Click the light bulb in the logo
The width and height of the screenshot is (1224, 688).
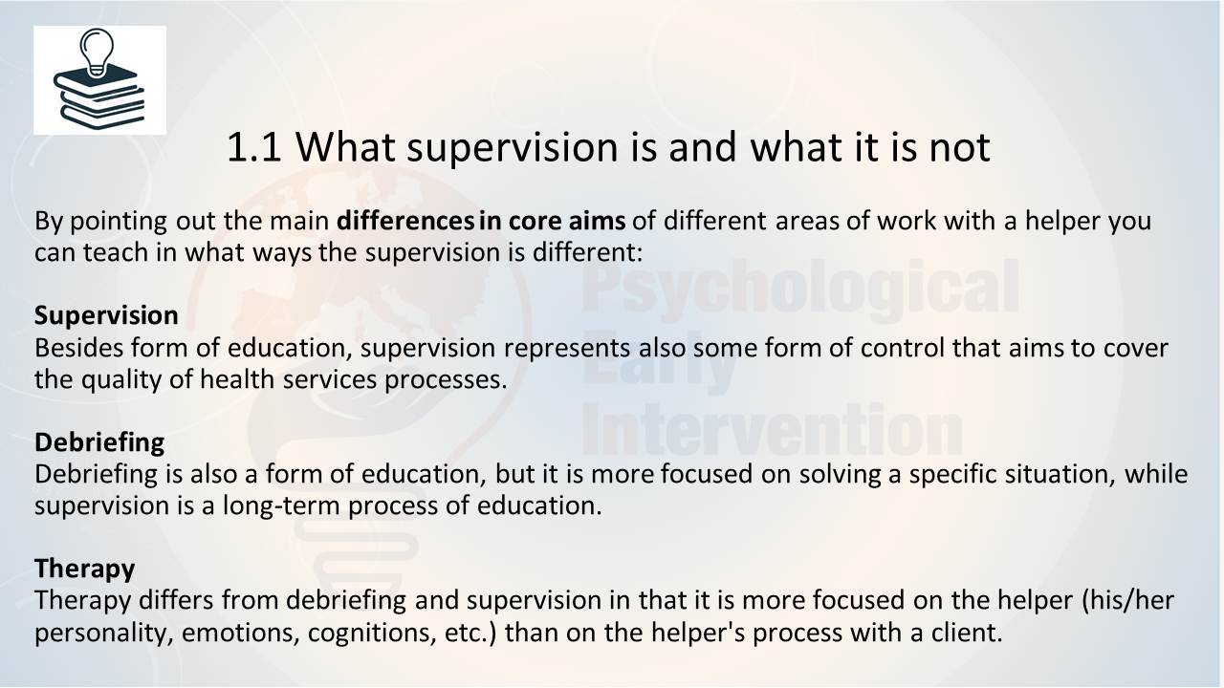[x=97, y=53]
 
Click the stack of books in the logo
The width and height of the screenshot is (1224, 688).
[x=98, y=97]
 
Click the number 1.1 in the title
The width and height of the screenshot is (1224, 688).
[x=254, y=147]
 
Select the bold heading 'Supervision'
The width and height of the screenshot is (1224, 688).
[x=106, y=315]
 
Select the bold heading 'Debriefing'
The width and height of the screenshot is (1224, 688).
[x=99, y=441]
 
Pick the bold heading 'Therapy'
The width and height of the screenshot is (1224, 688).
[x=85, y=569]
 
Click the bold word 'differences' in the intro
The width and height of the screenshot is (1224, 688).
[x=405, y=221]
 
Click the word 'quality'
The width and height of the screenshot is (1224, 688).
[x=121, y=380]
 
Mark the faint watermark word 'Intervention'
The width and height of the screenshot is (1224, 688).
[x=772, y=430]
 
